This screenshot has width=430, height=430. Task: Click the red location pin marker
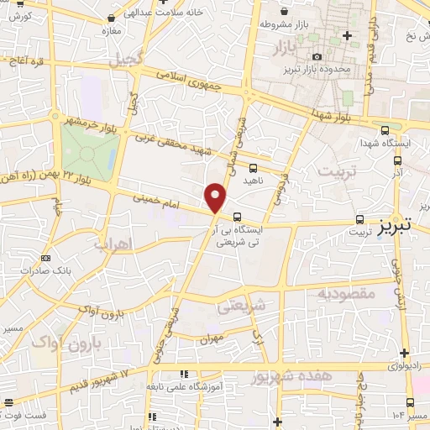(x=217, y=198)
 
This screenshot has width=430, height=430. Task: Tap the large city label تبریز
(x=395, y=225)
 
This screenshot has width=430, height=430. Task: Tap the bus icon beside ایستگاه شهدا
(x=385, y=130)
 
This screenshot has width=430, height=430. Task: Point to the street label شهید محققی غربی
(x=179, y=145)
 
